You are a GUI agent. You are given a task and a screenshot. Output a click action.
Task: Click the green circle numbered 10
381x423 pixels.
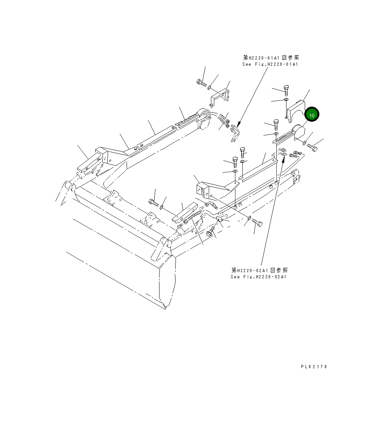click(312, 114)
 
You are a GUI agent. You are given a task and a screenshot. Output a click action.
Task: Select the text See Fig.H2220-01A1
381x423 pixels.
click(270, 64)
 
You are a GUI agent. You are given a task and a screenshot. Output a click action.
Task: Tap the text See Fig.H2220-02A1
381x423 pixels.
click(258, 277)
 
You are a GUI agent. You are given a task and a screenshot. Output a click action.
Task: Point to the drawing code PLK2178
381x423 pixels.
click(314, 366)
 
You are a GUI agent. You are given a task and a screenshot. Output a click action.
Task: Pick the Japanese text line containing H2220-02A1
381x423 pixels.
click(259, 270)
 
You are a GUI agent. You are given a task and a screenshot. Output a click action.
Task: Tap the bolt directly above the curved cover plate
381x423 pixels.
click(286, 89)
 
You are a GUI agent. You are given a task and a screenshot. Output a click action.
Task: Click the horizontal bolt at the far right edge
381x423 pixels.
click(312, 148)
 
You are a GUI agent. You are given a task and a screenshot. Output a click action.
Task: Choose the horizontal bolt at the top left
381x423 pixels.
click(201, 83)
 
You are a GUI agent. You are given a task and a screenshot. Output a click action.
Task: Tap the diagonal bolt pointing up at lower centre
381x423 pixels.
click(211, 231)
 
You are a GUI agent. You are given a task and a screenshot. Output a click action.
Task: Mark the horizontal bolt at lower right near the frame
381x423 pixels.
click(257, 222)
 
